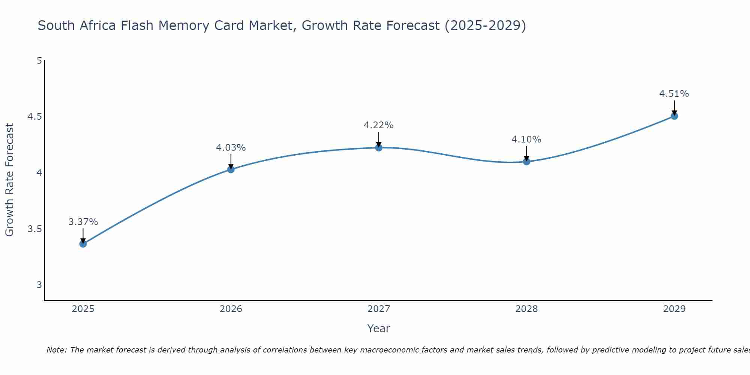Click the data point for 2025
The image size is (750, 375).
[x=83, y=244]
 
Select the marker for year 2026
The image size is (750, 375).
[x=231, y=169]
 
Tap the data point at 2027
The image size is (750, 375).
[x=379, y=148]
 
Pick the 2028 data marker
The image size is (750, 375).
[x=526, y=162]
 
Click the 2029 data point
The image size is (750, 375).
[x=674, y=116]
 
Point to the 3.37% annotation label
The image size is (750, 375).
[x=83, y=222]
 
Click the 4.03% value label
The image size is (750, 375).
[x=231, y=148]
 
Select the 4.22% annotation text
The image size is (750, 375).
[x=379, y=125]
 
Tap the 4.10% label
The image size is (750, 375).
[x=526, y=139]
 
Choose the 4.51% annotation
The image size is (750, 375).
[x=674, y=94]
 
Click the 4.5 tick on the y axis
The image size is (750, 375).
[x=34, y=117]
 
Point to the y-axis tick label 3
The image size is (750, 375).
[x=39, y=285]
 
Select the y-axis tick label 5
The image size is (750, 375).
[x=39, y=60]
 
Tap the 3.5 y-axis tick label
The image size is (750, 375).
[x=34, y=229]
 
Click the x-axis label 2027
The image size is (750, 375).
[x=379, y=309]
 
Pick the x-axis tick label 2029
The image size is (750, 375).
[x=674, y=309]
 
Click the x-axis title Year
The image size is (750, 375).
[x=379, y=328]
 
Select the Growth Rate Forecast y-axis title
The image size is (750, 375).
[x=9, y=180]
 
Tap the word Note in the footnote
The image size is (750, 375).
[x=56, y=350]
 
